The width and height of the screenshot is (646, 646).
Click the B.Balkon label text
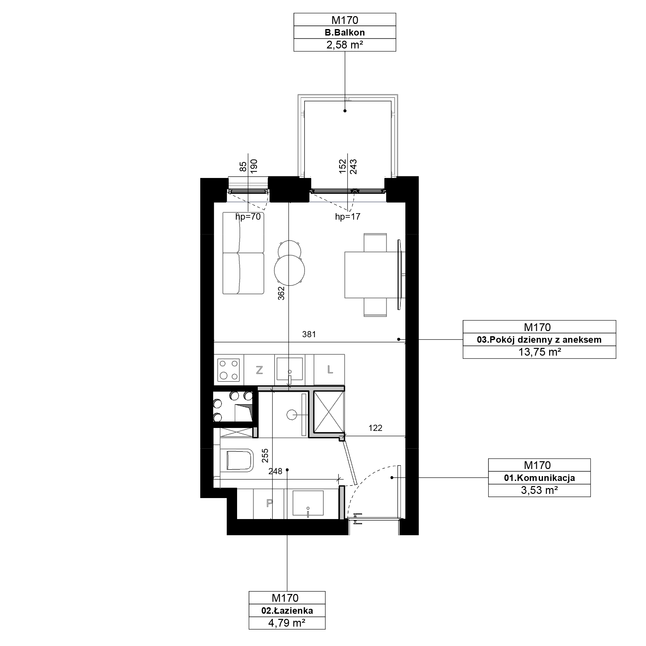tap(345, 32)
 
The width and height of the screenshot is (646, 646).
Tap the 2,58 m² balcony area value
tap(345, 45)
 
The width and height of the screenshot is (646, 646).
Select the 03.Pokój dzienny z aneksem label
tap(539, 340)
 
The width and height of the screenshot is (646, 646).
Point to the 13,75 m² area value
tap(539, 352)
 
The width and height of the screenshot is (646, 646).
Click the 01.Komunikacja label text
tap(539, 478)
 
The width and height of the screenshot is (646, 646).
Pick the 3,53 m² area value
tap(539, 490)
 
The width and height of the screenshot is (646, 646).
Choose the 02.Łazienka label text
tap(287, 611)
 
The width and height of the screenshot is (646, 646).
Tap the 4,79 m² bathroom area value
tap(287, 623)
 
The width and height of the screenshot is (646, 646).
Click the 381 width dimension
tap(309, 334)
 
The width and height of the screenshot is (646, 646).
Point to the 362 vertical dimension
tap(281, 293)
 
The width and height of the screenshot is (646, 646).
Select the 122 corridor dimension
tap(375, 428)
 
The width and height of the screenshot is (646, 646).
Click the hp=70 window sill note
tap(248, 217)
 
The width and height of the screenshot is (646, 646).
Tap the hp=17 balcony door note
tap(348, 217)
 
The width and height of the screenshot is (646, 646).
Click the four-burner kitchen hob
tap(229, 370)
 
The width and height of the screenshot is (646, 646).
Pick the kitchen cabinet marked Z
tap(259, 370)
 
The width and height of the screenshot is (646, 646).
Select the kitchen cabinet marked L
tap(330, 370)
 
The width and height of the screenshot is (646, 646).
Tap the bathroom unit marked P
tap(269, 504)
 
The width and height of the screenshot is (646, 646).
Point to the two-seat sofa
tap(244, 253)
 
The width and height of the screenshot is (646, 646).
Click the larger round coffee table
tap(289, 270)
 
